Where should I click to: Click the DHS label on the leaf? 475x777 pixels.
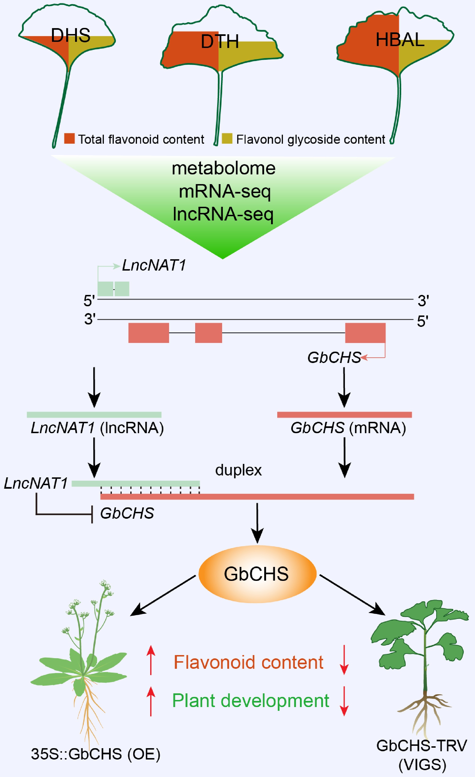pos(70,35)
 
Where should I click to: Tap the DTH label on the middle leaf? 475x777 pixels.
pos(220,42)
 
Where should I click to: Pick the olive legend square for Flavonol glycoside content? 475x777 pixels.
pos(227,138)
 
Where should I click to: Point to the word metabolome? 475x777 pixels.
pos(224,168)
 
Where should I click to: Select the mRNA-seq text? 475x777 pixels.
pos(225,191)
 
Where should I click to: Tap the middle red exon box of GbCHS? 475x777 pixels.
pos(208,333)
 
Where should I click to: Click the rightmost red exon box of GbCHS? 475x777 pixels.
pos(365,333)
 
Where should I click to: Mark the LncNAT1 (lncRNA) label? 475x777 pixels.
pos(97,428)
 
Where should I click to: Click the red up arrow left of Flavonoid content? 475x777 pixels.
pos(151,660)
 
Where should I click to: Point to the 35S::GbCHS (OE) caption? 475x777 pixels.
pos(96,754)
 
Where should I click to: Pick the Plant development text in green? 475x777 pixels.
pos(251,701)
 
